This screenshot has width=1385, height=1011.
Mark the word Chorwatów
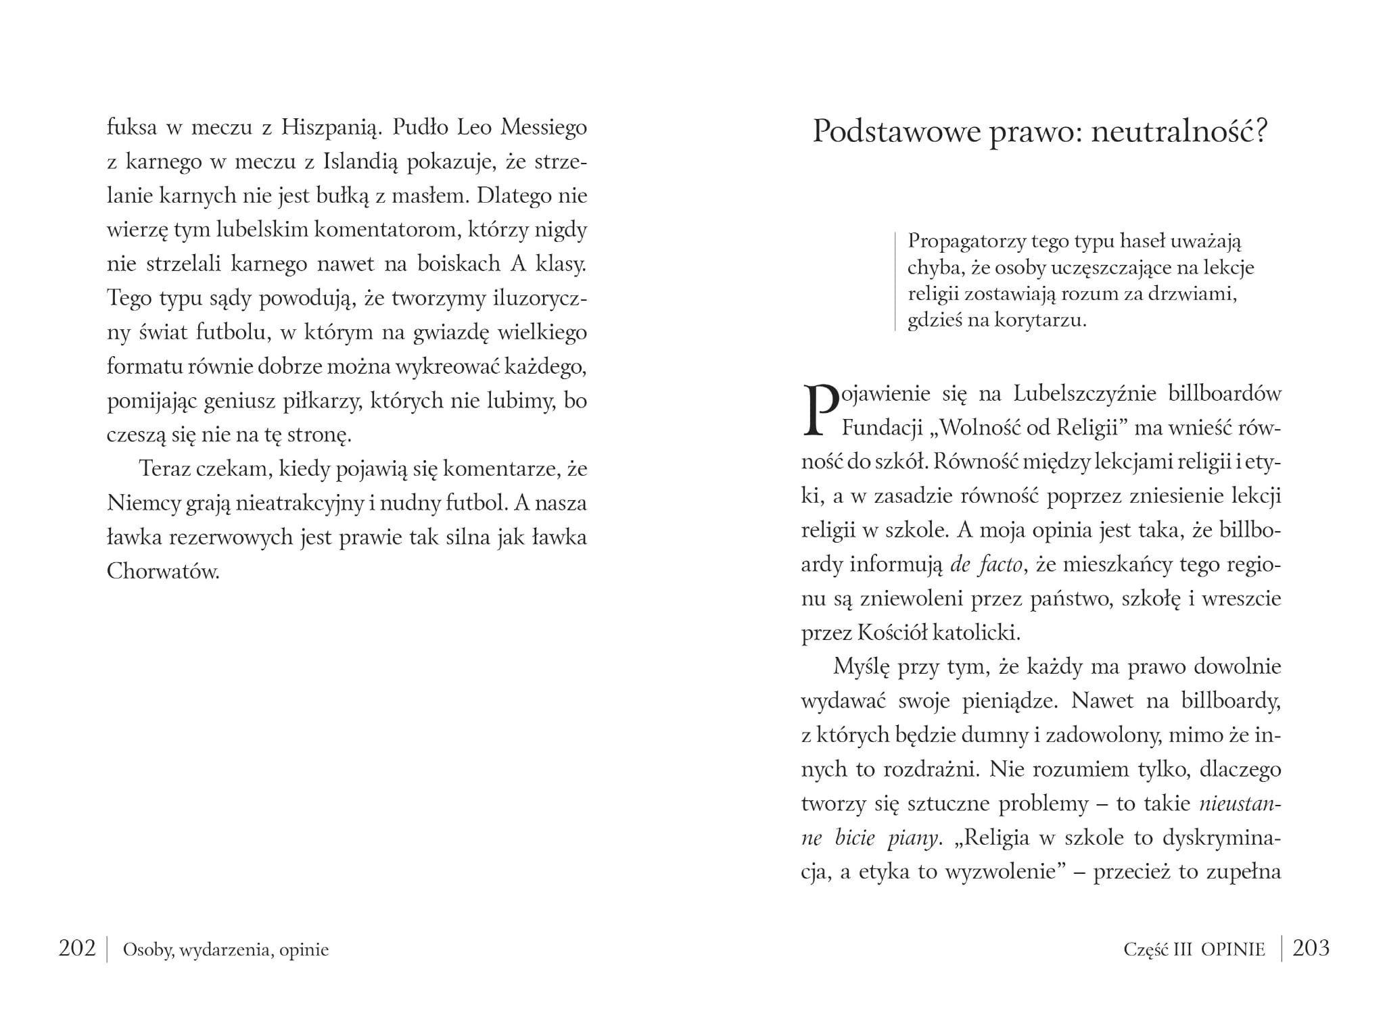click(163, 572)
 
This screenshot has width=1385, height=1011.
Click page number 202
click(77, 948)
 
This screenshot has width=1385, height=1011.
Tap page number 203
click(1311, 948)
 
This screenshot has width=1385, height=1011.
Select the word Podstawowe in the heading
click(895, 131)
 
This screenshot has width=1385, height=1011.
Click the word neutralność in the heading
click(1169, 131)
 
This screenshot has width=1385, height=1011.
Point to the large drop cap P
click(819, 410)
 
